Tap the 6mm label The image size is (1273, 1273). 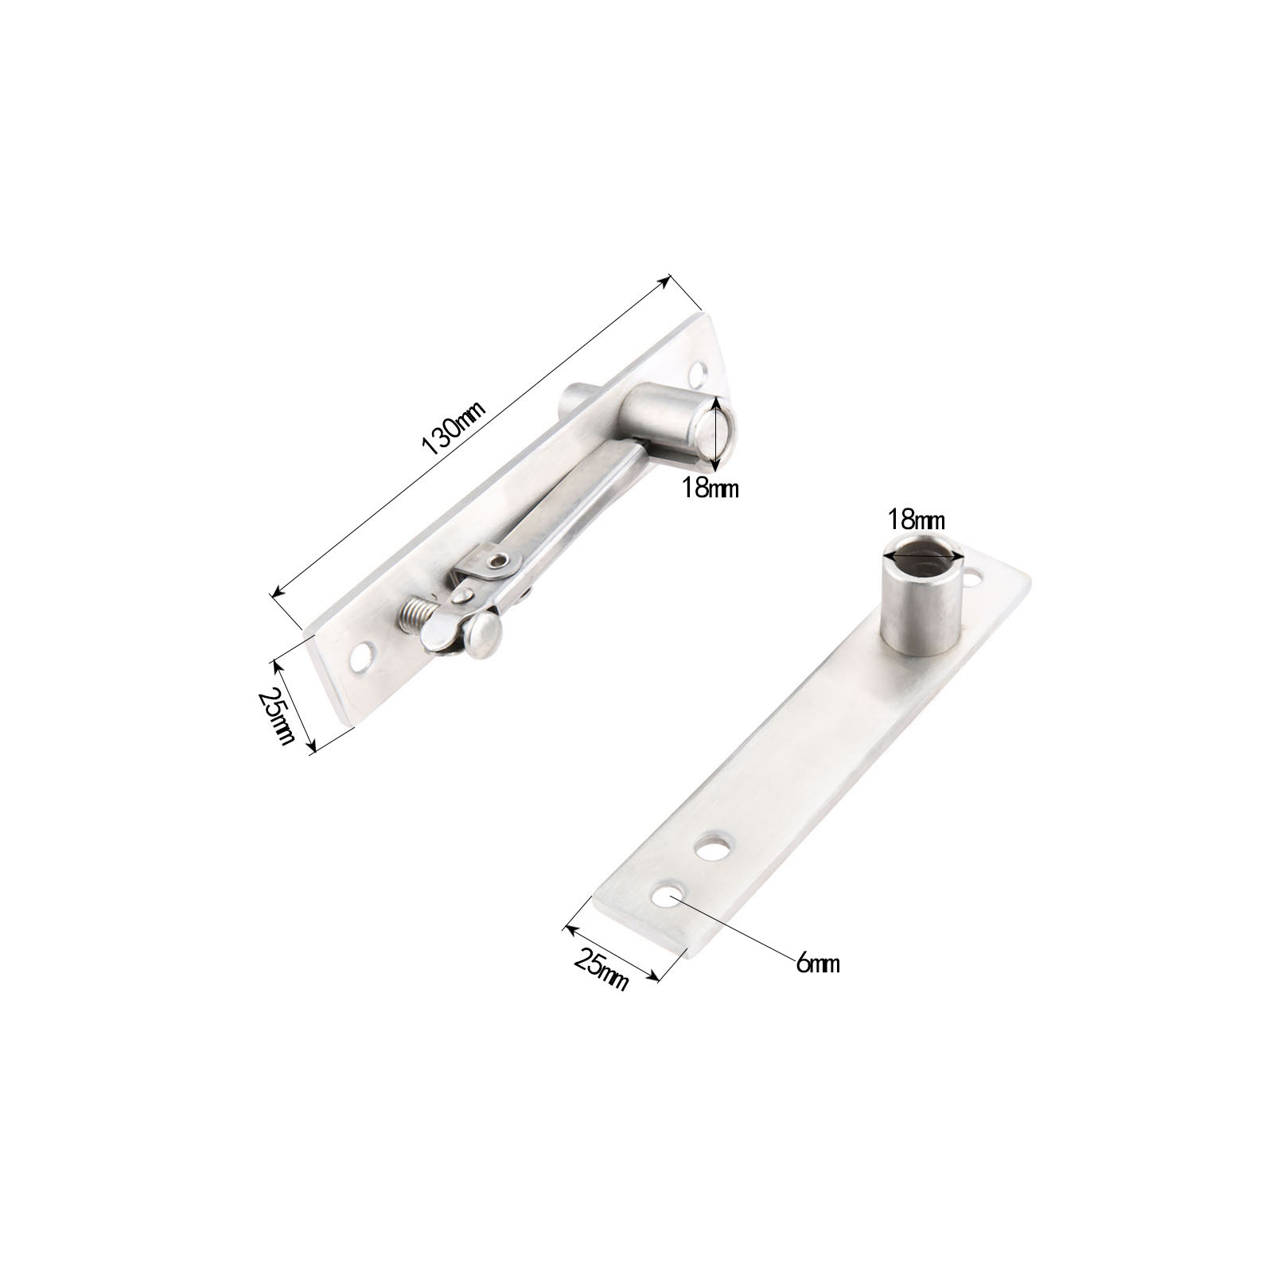[x=816, y=964]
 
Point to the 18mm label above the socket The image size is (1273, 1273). [x=917, y=521]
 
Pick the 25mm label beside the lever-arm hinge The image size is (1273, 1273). [x=277, y=714]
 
